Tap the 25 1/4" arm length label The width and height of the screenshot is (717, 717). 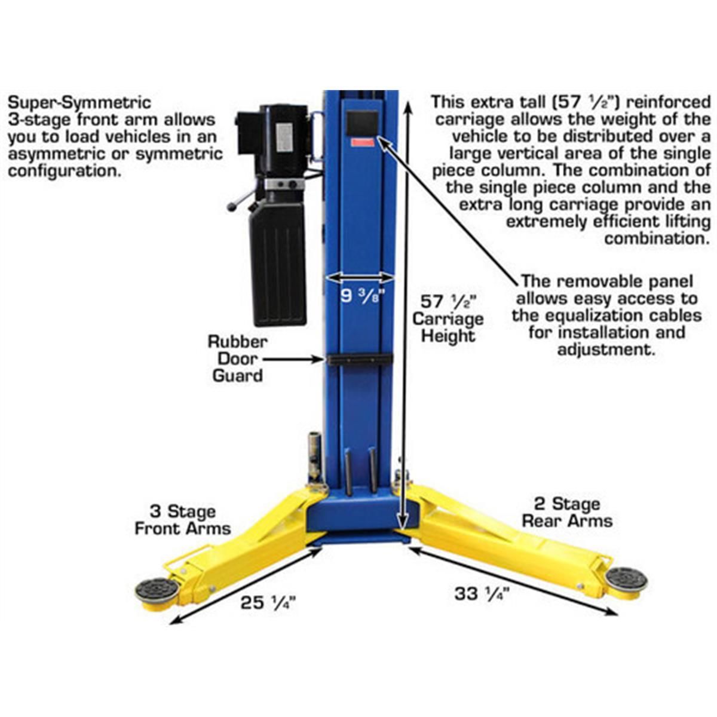pyautogui.click(x=268, y=603)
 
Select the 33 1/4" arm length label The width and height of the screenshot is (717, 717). pyautogui.click(x=481, y=594)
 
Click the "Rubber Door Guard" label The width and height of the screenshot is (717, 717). pyautogui.click(x=237, y=358)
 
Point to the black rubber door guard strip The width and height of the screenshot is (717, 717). pyautogui.click(x=359, y=359)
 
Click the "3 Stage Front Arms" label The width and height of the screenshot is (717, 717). pyautogui.click(x=182, y=520)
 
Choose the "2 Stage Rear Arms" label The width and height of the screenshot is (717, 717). pyautogui.click(x=566, y=512)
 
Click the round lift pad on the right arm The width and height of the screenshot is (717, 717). pyautogui.click(x=626, y=578)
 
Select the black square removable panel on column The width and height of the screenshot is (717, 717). pyautogui.click(x=362, y=123)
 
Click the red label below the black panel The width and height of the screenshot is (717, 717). pyautogui.click(x=362, y=143)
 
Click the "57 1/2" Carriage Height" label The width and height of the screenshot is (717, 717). pyautogui.click(x=448, y=318)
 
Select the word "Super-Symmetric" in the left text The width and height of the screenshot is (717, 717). pyautogui.click(x=79, y=103)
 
